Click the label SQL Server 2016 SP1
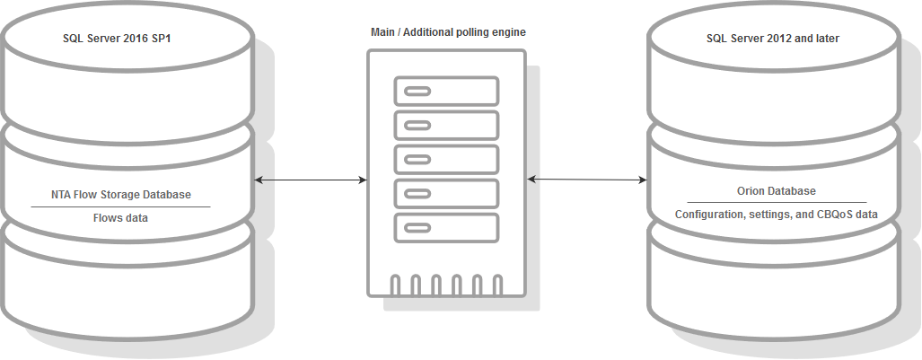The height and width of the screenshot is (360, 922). (117, 40)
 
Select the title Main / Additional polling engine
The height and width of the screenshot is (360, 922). (448, 31)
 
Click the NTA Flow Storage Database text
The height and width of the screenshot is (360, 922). (119, 194)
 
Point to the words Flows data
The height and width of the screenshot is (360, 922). (119, 217)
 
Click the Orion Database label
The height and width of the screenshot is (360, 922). (777, 191)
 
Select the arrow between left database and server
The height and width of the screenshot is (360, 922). (311, 180)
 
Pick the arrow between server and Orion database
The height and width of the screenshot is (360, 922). (587, 180)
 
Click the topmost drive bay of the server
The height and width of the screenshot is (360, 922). (446, 92)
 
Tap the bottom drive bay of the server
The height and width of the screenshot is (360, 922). (446, 226)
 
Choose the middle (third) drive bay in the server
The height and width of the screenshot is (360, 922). (446, 159)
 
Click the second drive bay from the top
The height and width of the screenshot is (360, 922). (446, 125)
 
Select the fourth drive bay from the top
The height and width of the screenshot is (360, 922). (446, 193)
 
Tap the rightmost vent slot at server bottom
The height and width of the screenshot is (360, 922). (499, 285)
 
